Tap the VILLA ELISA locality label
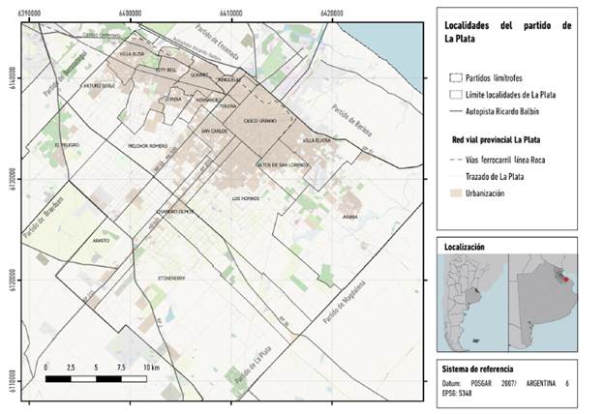tap(133, 55)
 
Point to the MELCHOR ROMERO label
tap(148, 147)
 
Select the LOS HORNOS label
tap(246, 198)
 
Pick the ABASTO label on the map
tap(102, 239)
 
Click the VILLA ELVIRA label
tap(317, 141)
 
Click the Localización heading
tap(464, 248)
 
